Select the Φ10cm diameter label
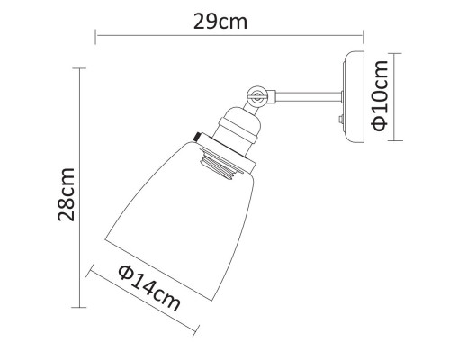click(x=383, y=96)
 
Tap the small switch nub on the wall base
click(x=341, y=118)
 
